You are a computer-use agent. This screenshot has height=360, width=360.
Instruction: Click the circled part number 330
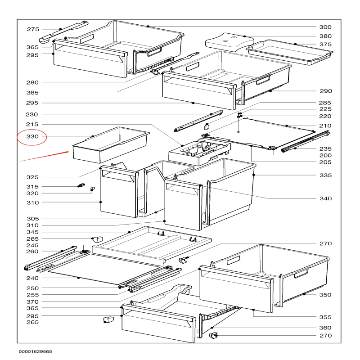click(x=32, y=137)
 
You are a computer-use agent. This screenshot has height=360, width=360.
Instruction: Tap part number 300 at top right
click(x=325, y=27)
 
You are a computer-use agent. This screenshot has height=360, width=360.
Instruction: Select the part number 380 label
click(x=325, y=36)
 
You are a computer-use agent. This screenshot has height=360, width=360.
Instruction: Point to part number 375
click(x=325, y=44)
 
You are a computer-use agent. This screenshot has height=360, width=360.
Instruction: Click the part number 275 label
click(x=33, y=29)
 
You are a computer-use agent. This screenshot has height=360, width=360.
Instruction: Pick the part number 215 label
click(x=32, y=125)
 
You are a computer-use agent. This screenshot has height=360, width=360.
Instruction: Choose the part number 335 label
click(x=325, y=175)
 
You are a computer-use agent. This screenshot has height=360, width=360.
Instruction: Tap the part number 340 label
click(x=325, y=198)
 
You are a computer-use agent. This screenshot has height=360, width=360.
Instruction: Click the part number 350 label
click(x=325, y=295)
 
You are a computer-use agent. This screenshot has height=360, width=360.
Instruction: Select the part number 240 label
click(x=32, y=278)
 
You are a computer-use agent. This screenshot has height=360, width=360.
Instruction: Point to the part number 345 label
click(x=32, y=232)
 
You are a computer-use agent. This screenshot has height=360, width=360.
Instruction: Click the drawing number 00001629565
click(x=36, y=351)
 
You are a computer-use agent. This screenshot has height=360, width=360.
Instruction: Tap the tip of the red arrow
click(x=69, y=152)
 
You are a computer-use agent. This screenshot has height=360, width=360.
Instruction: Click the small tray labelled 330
click(x=110, y=145)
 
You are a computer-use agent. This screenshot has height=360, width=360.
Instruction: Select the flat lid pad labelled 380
click(x=229, y=42)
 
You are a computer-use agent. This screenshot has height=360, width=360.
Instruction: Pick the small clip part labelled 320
click(x=92, y=189)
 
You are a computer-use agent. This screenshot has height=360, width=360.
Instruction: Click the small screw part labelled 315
click(x=81, y=185)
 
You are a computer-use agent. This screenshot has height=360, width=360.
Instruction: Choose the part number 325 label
click(x=32, y=177)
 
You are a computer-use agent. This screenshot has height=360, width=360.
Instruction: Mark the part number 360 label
click(x=325, y=328)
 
